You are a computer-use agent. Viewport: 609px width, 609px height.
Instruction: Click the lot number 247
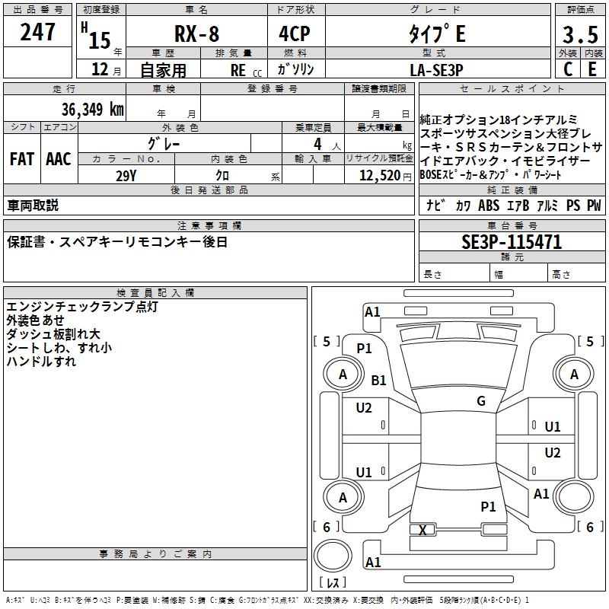pyautogui.click(x=38, y=32)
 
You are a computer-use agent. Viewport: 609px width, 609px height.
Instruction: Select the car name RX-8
pyautogui.click(x=196, y=33)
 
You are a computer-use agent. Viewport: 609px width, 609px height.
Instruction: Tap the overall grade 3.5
pyautogui.click(x=579, y=34)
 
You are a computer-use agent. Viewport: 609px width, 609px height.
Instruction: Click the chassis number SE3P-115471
pyautogui.click(x=512, y=243)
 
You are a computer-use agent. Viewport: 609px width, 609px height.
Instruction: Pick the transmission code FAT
pyautogui.click(x=22, y=159)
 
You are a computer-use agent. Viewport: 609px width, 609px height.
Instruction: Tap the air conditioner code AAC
pyautogui.click(x=59, y=159)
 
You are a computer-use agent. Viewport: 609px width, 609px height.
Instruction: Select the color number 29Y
pyautogui.click(x=126, y=176)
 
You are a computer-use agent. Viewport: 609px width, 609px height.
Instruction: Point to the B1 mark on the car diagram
pyautogui.click(x=379, y=380)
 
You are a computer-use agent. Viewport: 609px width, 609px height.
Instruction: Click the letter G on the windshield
pyautogui.click(x=481, y=401)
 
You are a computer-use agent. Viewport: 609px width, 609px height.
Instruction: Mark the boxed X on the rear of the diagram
pyautogui.click(x=423, y=530)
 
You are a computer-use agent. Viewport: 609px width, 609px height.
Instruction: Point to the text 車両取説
pyautogui.click(x=33, y=206)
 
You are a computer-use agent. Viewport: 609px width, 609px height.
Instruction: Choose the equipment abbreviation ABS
pyautogui.click(x=489, y=206)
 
